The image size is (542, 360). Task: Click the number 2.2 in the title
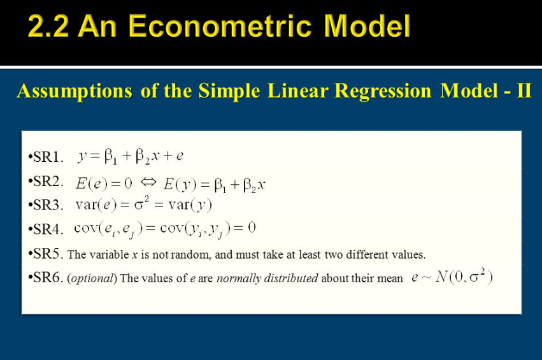click(x=48, y=26)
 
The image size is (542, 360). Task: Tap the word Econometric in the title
click(x=220, y=26)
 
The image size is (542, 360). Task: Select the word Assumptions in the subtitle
click(x=75, y=92)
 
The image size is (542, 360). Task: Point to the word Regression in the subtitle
click(x=383, y=92)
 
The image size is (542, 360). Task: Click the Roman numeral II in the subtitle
click(x=524, y=90)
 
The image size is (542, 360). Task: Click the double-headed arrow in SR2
click(x=148, y=182)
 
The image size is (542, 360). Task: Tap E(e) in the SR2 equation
click(x=92, y=184)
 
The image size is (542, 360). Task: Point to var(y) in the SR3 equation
click(x=190, y=205)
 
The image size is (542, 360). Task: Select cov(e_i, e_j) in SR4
click(x=108, y=229)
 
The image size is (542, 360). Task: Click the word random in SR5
click(x=190, y=255)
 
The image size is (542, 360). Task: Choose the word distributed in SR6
click(x=291, y=278)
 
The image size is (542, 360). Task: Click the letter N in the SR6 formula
click(x=441, y=277)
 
